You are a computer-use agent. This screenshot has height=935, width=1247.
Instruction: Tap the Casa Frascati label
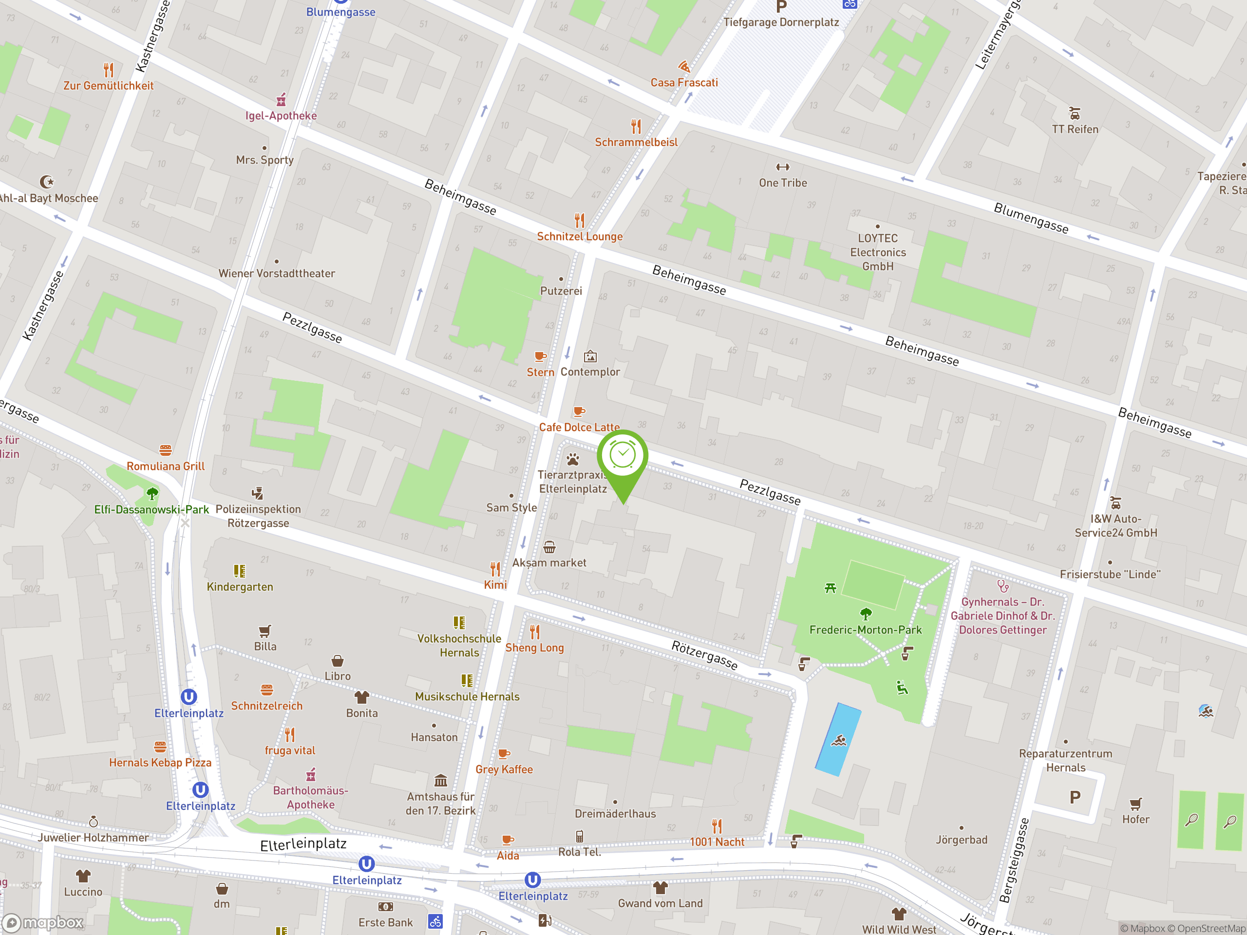click(684, 83)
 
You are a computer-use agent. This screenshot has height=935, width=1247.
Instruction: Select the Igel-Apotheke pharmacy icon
click(281, 100)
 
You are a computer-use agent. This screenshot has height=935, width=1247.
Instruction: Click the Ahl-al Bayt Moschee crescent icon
click(47, 182)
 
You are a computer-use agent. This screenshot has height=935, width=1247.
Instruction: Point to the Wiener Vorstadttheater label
click(276, 273)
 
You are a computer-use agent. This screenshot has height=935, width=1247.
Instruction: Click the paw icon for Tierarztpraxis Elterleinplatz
click(573, 459)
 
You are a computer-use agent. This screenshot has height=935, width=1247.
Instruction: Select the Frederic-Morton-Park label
click(865, 630)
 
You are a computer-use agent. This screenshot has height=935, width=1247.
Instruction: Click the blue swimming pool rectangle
click(838, 739)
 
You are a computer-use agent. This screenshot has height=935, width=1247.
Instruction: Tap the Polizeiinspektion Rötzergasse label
click(258, 516)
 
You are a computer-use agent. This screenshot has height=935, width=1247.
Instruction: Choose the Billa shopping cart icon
click(265, 631)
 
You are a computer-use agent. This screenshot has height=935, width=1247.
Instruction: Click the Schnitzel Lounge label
click(580, 237)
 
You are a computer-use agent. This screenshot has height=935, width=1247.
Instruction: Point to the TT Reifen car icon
click(1075, 113)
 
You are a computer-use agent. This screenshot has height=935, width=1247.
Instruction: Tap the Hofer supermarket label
click(1135, 820)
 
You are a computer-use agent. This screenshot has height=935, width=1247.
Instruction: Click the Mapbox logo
click(43, 923)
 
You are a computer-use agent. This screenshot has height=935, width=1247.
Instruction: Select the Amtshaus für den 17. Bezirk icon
click(441, 781)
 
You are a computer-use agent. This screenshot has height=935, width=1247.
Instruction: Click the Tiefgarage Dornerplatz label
click(781, 22)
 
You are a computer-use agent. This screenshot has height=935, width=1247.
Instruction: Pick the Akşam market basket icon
click(549, 547)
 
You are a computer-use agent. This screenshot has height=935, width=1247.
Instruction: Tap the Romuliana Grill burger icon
click(165, 450)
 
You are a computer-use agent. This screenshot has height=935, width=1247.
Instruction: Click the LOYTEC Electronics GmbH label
click(878, 252)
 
